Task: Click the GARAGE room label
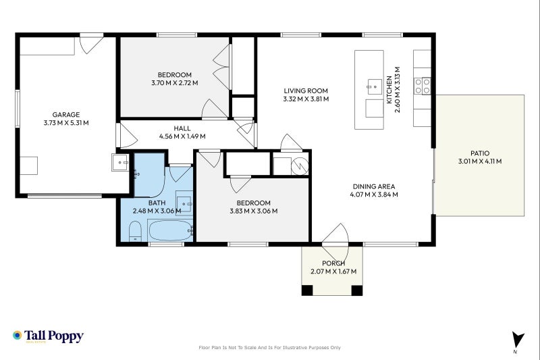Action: (66, 115)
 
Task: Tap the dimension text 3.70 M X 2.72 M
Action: (175, 83)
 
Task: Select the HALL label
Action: (182, 128)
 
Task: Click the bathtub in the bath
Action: (171, 230)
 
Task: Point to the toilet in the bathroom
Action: (135, 232)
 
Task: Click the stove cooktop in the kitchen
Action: (423, 86)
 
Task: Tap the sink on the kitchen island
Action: (375, 86)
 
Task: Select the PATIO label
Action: (480, 153)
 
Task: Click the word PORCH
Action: (333, 263)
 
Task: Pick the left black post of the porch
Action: (307, 290)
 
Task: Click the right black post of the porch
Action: (357, 290)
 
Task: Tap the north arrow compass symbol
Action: (517, 340)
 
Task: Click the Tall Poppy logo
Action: (48, 336)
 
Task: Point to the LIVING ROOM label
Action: (306, 91)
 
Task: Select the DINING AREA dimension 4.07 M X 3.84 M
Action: (374, 195)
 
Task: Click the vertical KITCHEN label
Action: (389, 90)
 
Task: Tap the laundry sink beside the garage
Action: (120, 162)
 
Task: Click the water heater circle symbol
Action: (300, 166)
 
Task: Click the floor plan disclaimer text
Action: (269, 348)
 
